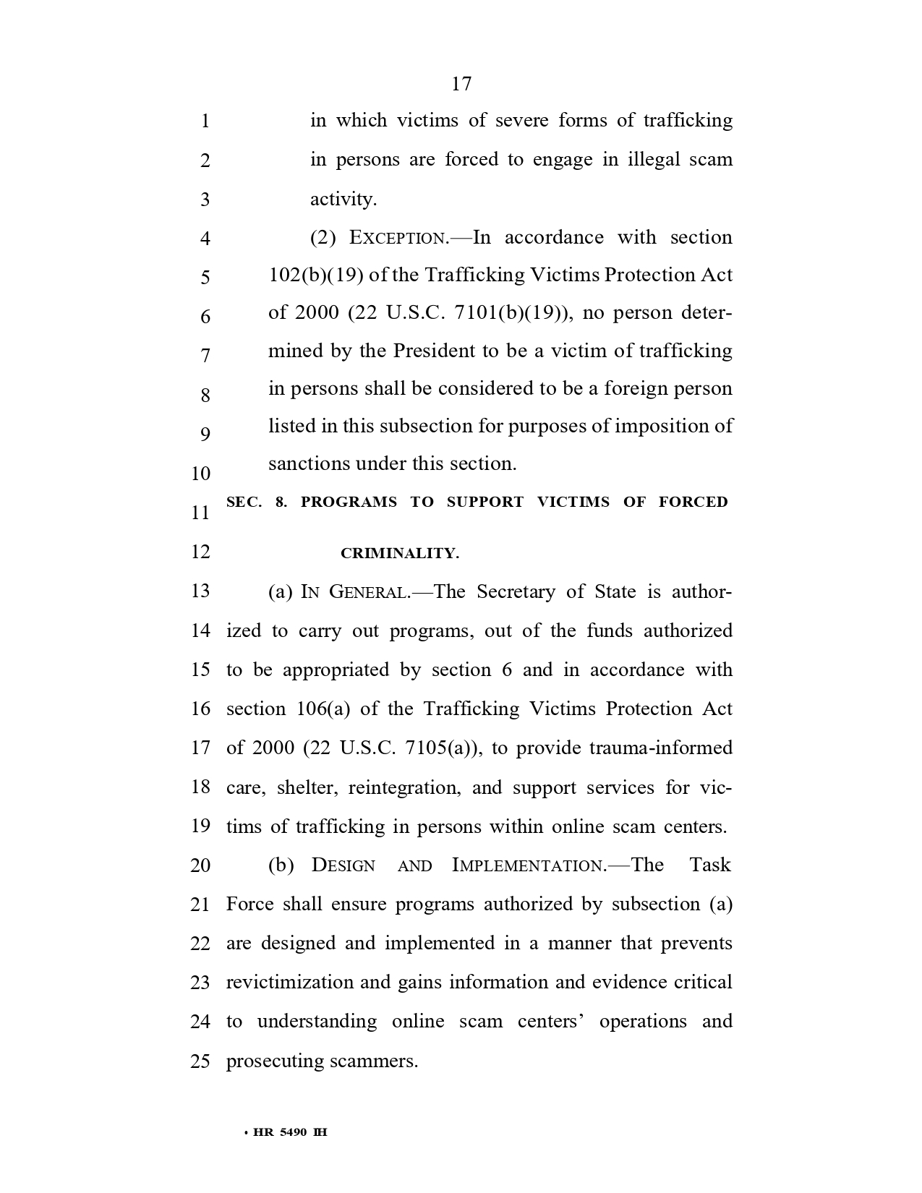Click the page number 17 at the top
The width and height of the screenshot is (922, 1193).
point(461,85)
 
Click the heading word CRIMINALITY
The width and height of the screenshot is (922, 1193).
point(399,554)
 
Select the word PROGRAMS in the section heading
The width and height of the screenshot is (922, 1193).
point(349,502)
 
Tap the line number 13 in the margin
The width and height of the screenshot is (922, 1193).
point(200,591)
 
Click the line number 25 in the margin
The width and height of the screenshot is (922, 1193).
point(200,1061)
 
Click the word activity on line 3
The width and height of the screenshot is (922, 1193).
point(343,200)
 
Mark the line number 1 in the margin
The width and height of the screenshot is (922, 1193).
point(205,121)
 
